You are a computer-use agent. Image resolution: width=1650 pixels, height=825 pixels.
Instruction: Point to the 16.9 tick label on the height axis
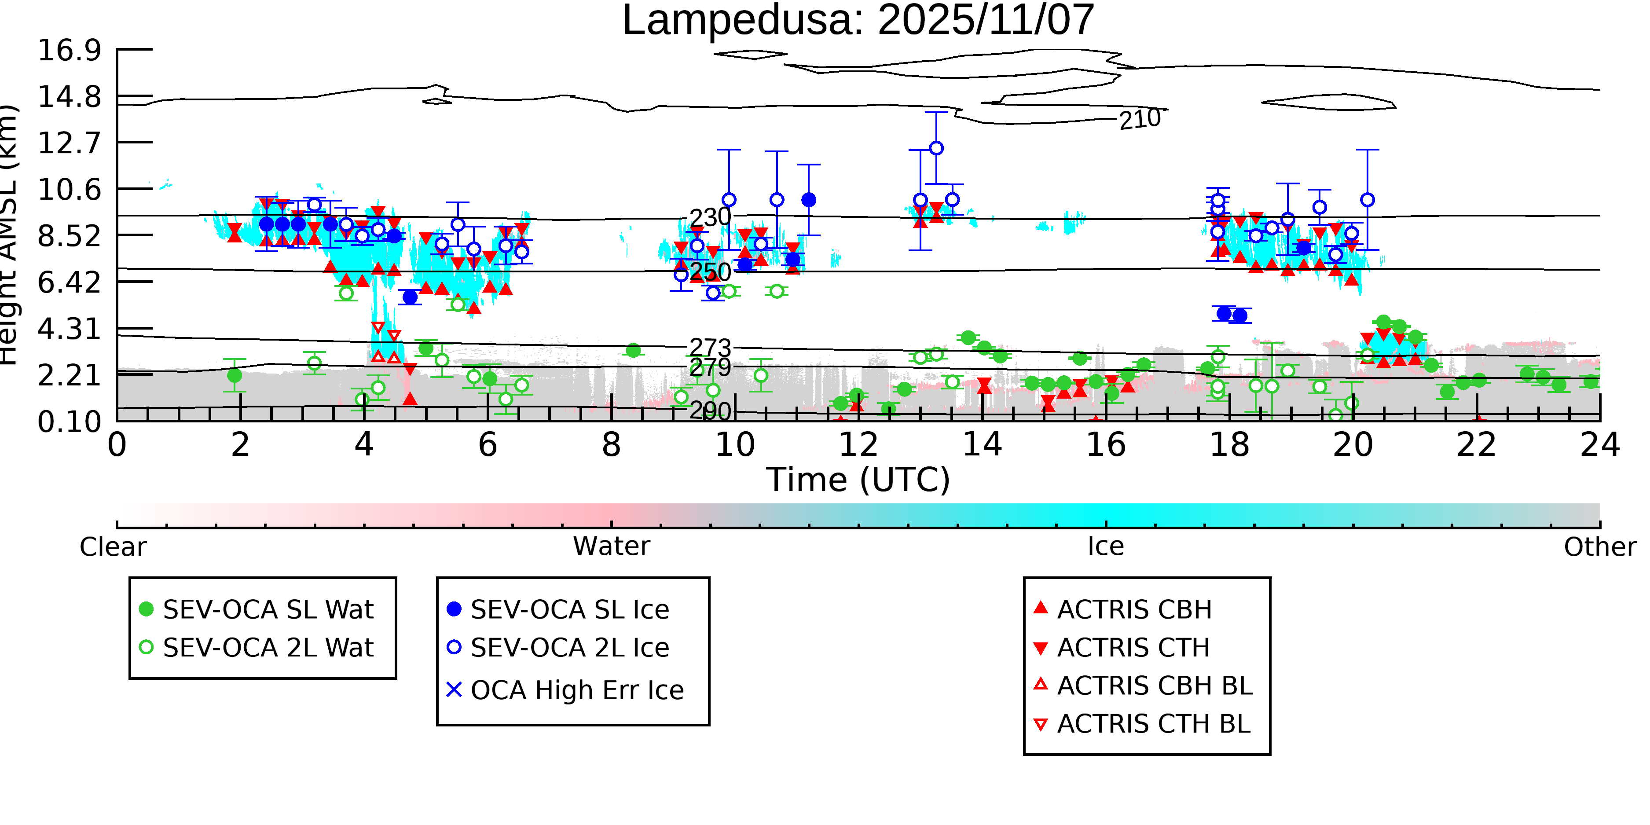(69, 50)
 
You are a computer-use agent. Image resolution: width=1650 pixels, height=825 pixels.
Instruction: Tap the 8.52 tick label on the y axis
(69, 236)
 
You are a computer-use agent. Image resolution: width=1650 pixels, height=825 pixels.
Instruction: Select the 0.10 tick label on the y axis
(69, 422)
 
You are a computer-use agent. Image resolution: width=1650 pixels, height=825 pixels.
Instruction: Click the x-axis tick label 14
(982, 444)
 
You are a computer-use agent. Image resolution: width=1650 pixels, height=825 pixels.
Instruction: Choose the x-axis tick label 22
(1476, 444)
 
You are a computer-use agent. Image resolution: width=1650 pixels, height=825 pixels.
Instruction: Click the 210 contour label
(1140, 119)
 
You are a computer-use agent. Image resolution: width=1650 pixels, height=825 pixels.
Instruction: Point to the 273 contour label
(710, 348)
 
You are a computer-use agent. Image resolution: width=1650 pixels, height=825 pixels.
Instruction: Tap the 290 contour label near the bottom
(710, 411)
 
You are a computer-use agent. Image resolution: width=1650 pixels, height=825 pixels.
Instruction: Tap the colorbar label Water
(611, 546)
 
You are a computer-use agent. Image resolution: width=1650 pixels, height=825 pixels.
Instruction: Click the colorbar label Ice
(1106, 546)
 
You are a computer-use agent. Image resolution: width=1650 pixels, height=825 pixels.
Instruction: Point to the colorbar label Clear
(113, 547)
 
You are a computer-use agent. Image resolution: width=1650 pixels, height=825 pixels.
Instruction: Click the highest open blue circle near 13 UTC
(936, 148)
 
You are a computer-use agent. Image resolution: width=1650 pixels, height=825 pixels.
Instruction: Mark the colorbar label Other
(1599, 547)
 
